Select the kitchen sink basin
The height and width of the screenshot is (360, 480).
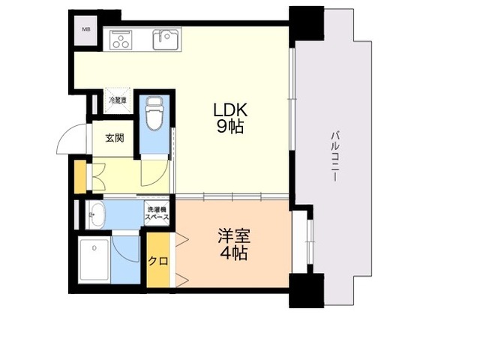click(x=166, y=39)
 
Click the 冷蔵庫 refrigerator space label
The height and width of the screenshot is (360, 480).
click(x=118, y=100)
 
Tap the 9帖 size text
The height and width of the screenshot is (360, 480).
click(x=229, y=127)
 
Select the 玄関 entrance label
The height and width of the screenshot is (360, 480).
click(x=114, y=138)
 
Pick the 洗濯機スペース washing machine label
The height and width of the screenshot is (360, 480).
click(x=157, y=213)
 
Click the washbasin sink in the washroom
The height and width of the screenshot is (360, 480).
click(x=96, y=214)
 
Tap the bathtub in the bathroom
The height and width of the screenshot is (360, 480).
click(x=94, y=260)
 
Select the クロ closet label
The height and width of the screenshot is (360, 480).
click(x=157, y=262)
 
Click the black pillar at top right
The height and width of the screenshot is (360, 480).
click(x=306, y=23)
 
